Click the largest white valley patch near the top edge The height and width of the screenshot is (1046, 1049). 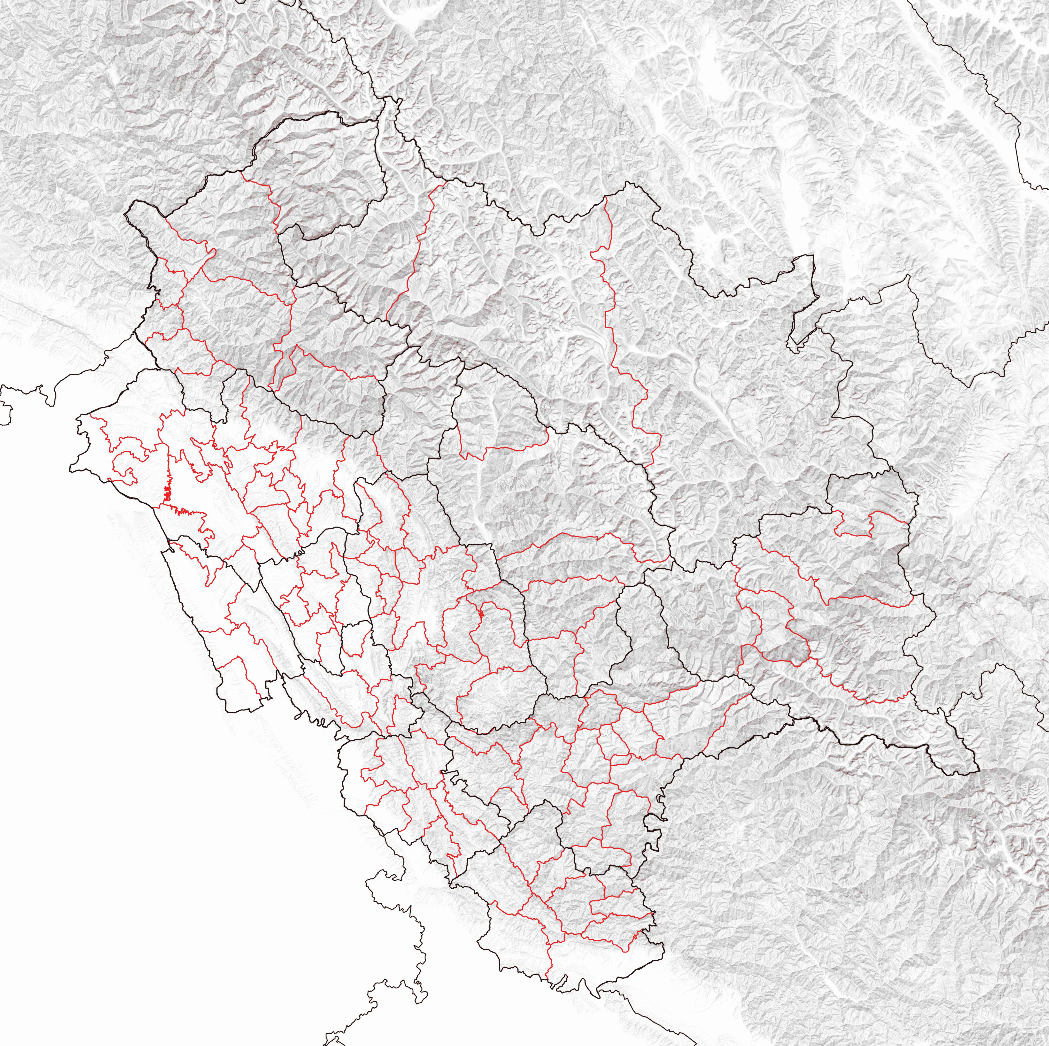tap(717, 65)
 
